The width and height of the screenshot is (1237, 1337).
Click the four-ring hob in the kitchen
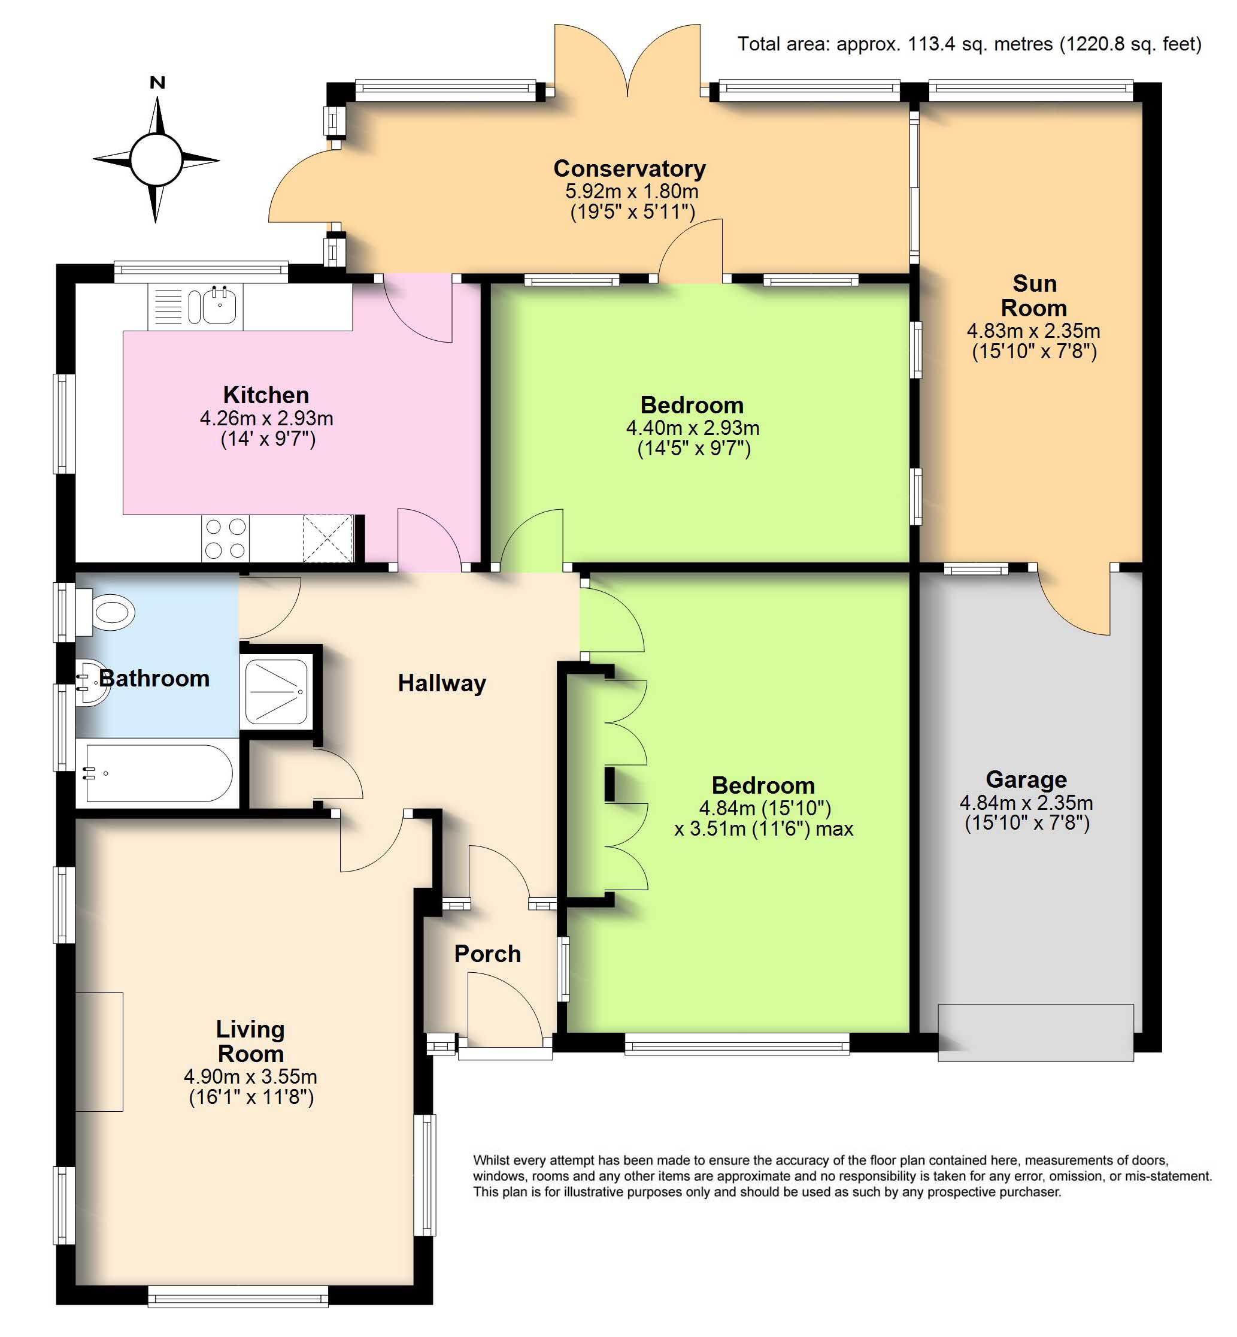point(226,539)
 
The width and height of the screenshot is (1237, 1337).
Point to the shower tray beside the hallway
point(277,692)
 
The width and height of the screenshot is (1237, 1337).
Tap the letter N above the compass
point(157,82)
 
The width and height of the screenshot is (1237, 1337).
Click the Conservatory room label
point(629,168)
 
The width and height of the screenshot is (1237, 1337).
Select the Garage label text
point(1026,779)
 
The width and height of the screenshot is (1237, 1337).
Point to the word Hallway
point(442,683)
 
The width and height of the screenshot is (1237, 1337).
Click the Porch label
point(487,954)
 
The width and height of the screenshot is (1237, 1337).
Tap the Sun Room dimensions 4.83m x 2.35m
point(1033,330)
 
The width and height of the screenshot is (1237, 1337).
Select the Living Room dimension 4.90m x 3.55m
point(250,1076)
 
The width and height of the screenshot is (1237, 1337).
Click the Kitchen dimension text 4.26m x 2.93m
point(266,418)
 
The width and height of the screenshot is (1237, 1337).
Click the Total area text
point(969,44)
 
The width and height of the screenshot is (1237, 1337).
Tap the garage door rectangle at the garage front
point(1035,1032)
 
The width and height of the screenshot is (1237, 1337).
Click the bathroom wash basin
point(92,683)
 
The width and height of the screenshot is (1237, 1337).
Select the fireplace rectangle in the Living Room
point(99,1052)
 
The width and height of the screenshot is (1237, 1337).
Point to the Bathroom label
point(154,678)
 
